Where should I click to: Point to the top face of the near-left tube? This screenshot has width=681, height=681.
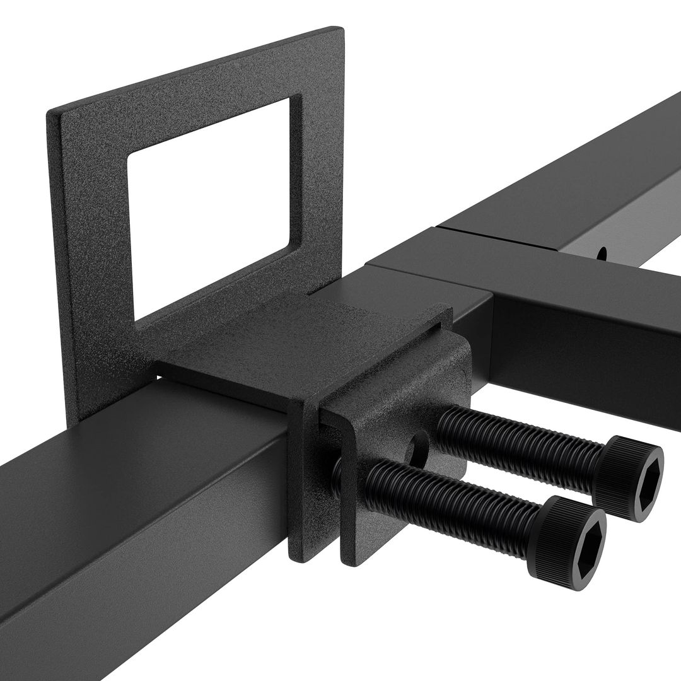126,441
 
